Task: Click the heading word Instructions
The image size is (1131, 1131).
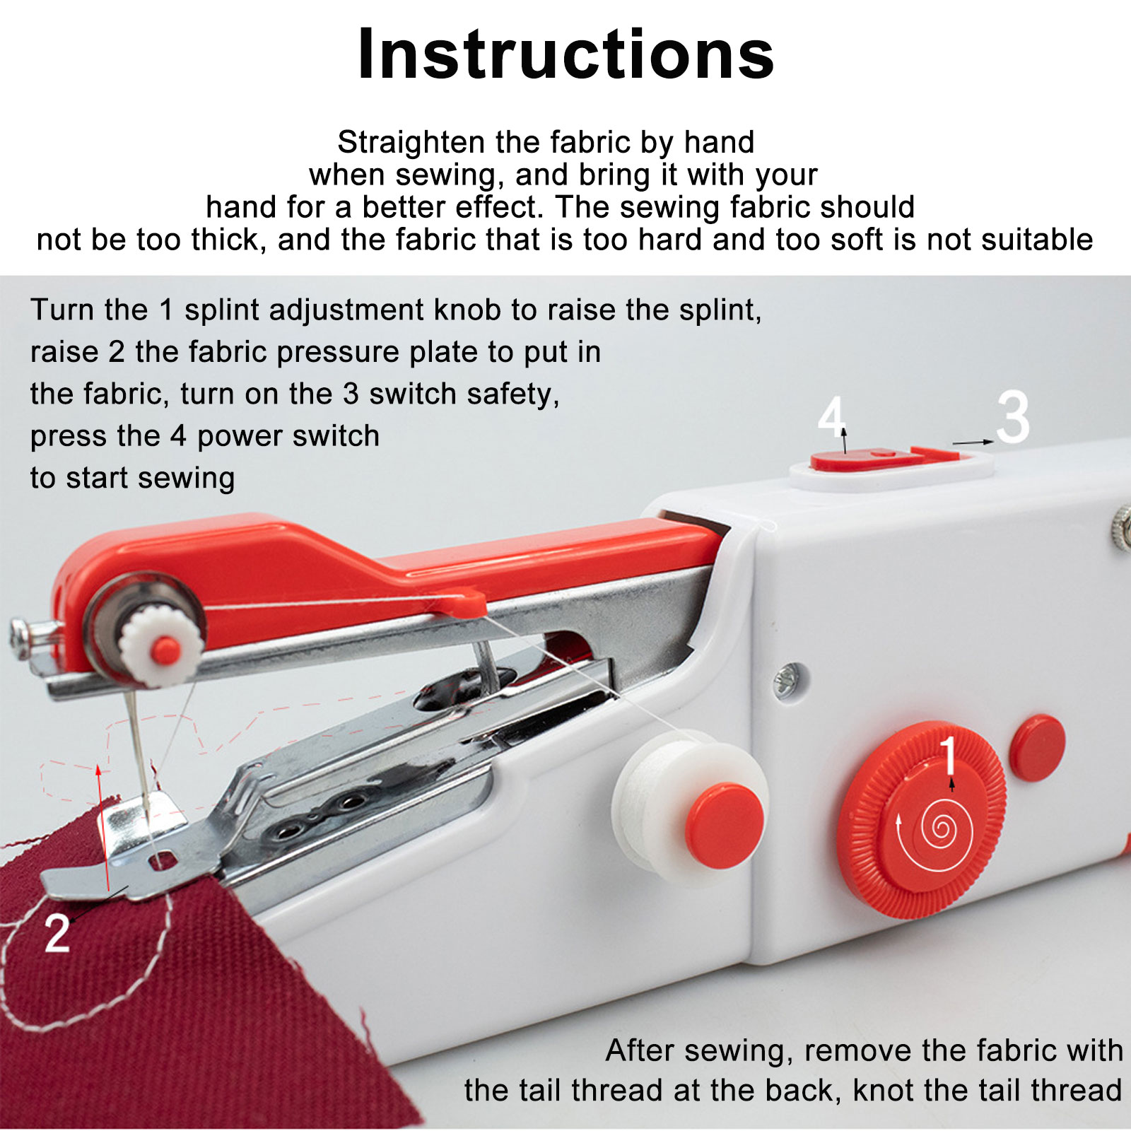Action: [565, 54]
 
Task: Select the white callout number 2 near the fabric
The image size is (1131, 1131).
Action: [57, 933]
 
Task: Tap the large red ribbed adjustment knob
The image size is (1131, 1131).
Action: [921, 819]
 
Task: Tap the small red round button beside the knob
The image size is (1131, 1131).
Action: [1037, 748]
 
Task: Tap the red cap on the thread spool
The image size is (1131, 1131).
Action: [725, 826]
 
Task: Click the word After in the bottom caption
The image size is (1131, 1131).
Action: [640, 1050]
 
